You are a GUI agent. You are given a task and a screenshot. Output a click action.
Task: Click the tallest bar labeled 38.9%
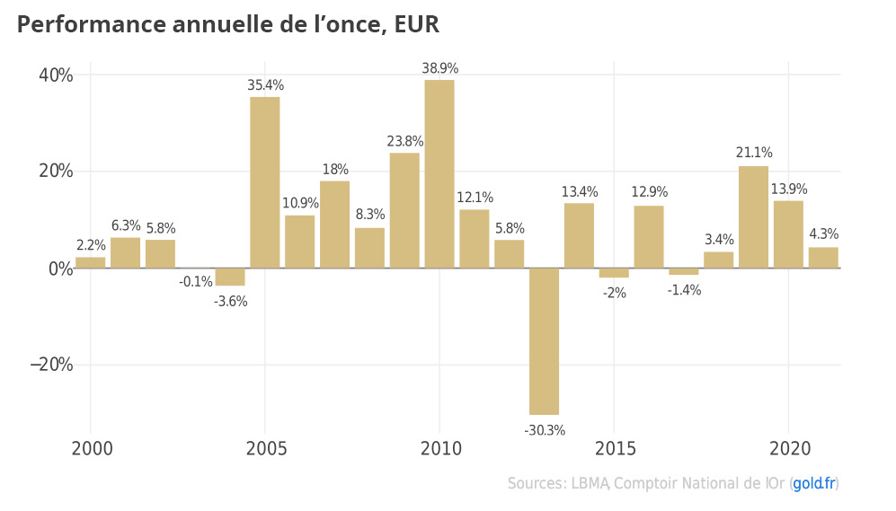coord(439,173)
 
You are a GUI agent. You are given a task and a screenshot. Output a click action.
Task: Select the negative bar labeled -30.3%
coord(544,341)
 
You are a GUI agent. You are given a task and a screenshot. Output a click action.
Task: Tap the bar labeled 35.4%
coord(265,182)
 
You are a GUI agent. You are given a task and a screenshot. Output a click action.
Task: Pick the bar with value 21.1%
coord(753,216)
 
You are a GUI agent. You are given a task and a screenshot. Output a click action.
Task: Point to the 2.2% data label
coord(91,244)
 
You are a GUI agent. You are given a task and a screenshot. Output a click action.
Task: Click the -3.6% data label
coord(231,301)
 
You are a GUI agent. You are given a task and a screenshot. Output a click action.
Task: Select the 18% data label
coord(335,170)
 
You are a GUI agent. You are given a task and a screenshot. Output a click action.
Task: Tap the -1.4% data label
coord(684,290)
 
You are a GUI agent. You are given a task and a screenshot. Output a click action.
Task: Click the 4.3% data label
coord(823,234)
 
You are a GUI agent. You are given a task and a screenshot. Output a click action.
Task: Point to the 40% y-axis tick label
coord(55,75)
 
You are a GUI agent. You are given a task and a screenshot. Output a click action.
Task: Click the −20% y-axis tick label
coord(51,365)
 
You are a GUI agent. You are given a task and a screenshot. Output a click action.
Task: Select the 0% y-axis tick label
coord(60,269)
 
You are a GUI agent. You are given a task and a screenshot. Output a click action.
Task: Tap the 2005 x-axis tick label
coord(265,447)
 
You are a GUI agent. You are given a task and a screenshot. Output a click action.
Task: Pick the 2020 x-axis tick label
coord(788,447)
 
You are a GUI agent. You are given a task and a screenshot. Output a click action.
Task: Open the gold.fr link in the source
coord(813,484)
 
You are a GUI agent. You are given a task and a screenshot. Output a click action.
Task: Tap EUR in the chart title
coord(417,25)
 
